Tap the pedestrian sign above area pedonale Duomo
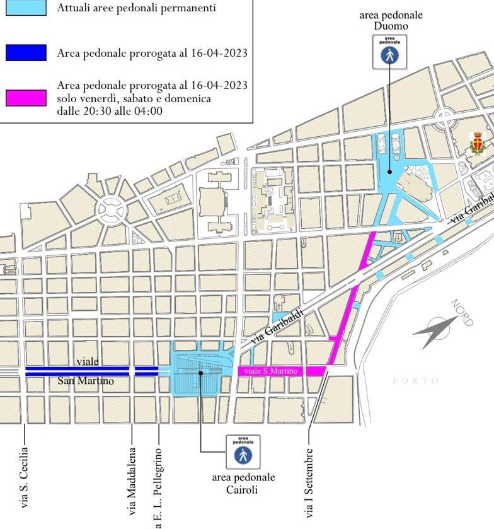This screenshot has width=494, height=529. pos(389,52)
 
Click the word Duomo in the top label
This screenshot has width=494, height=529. pos(391,26)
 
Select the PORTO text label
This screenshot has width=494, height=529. pos(415,381)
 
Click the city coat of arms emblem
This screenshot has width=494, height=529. pos(478,144)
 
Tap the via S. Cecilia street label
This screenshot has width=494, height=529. pos(25,477)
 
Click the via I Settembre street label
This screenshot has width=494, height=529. pos(309,483)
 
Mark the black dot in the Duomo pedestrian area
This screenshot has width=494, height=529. pos(390,171)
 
